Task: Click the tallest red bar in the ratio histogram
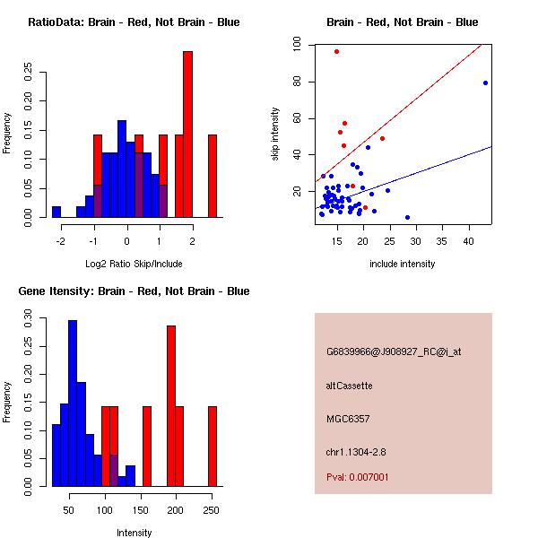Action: [x=187, y=134]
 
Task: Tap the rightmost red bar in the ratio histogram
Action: [x=213, y=176]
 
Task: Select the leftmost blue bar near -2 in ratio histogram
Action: [x=56, y=212]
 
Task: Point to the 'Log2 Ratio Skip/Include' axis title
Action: [x=134, y=264]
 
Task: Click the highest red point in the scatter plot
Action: [x=336, y=51]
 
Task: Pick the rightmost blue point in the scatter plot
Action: [x=485, y=82]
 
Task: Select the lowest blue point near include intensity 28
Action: [x=407, y=217]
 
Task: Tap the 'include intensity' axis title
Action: [x=403, y=264]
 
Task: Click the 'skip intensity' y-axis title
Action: [x=276, y=134]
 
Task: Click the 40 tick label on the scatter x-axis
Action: [x=468, y=241]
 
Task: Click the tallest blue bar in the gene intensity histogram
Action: [x=73, y=403]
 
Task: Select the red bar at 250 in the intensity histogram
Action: [x=213, y=446]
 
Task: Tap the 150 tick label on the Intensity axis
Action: [x=141, y=510]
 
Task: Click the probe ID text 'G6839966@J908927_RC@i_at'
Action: [x=394, y=351]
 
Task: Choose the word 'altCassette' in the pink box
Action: [x=349, y=385]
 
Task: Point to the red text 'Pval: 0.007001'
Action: [x=358, y=477]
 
